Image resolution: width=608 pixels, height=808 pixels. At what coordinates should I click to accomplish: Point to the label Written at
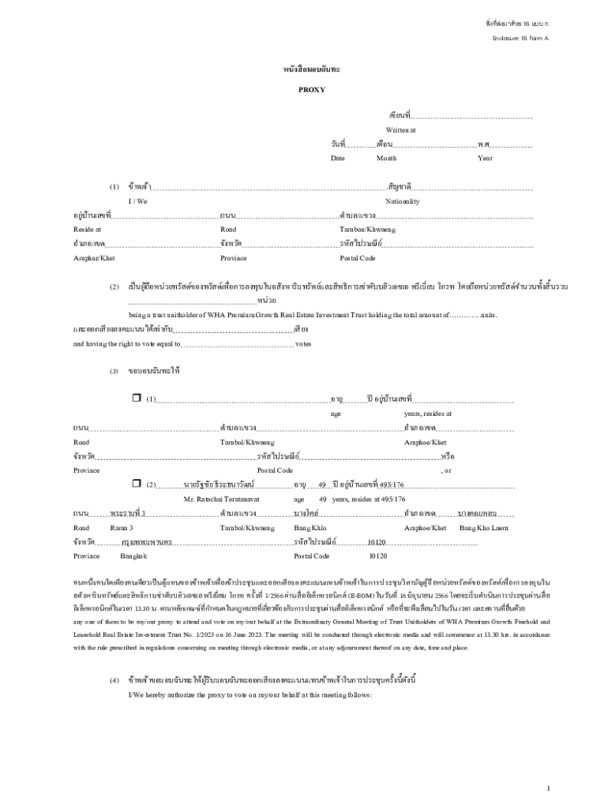pos(400,129)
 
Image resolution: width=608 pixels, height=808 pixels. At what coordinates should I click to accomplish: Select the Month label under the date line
pos(386,159)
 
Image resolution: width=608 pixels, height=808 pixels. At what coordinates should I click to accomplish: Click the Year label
pos(485,159)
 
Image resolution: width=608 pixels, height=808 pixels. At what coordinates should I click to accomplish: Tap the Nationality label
pos(403,201)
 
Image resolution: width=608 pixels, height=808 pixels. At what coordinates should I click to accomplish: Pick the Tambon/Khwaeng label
pos(368,230)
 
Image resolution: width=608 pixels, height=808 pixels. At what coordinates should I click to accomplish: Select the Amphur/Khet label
pos(94,258)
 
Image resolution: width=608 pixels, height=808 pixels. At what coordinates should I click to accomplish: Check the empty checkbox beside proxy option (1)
pos(136,398)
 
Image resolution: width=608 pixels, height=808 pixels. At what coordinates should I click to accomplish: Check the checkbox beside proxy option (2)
pos(136,483)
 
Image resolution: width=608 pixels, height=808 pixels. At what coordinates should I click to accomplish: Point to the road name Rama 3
pos(122,528)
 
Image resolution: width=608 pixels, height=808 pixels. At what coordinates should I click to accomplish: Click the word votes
pos(303,344)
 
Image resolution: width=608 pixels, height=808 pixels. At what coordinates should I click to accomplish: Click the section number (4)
pos(114,679)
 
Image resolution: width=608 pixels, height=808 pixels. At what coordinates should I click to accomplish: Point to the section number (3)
pos(114,370)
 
